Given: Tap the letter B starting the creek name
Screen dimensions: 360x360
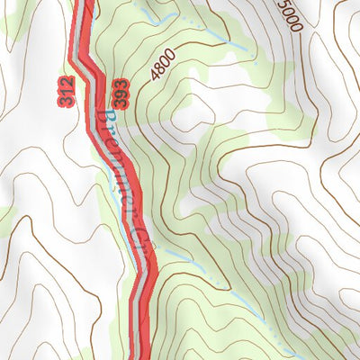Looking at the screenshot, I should (x=102, y=118).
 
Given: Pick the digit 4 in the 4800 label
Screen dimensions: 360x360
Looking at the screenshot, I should (x=157, y=78).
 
